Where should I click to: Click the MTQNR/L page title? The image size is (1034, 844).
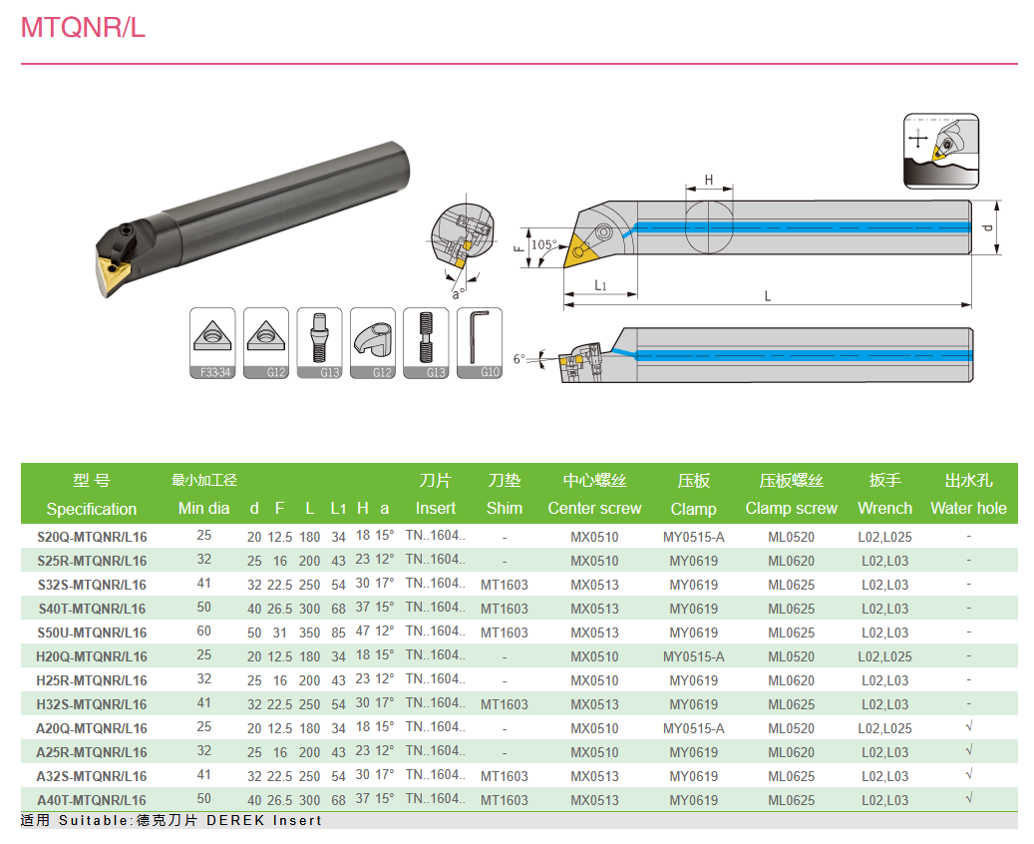pyautogui.click(x=83, y=28)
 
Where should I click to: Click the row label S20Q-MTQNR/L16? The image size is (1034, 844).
pyautogui.click(x=92, y=537)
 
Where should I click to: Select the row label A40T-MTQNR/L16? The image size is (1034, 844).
pyautogui.click(x=92, y=800)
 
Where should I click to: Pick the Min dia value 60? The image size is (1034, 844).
pyautogui.click(x=203, y=632)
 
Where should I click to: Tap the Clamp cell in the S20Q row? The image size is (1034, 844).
pyautogui.click(x=693, y=537)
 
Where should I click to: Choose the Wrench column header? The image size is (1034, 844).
pyautogui.click(x=884, y=508)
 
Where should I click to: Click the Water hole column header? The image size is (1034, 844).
pyautogui.click(x=968, y=508)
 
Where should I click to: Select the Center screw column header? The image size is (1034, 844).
pyautogui.click(x=594, y=508)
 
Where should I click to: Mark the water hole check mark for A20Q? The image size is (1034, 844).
pyautogui.click(x=968, y=727)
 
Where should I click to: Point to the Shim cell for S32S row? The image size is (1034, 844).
pyautogui.click(x=504, y=585)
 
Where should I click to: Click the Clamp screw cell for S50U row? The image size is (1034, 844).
pyautogui.click(x=791, y=633)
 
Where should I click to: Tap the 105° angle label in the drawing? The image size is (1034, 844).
pyautogui.click(x=543, y=244)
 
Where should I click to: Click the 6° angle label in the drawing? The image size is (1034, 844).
pyautogui.click(x=518, y=358)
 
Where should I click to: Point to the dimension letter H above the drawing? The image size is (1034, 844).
pyautogui.click(x=709, y=181)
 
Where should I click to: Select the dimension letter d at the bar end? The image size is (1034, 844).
pyautogui.click(x=987, y=228)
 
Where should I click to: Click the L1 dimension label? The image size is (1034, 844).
pyautogui.click(x=601, y=285)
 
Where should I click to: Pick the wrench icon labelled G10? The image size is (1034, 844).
pyautogui.click(x=480, y=343)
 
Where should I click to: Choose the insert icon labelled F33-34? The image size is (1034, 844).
pyautogui.click(x=212, y=343)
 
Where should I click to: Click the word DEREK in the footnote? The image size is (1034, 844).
pyautogui.click(x=235, y=821)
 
